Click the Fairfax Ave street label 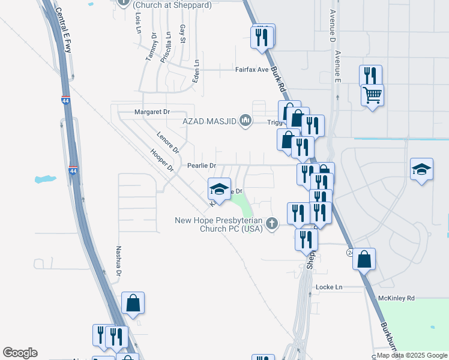point(252,70)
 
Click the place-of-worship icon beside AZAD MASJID point(245,121)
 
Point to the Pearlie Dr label point(201,165)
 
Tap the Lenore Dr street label point(167,142)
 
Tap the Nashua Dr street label point(119,260)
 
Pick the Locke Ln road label point(328,287)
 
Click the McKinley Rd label point(396,298)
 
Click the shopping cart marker point(372,94)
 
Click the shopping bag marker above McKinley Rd point(364,259)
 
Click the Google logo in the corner point(20,353)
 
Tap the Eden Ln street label point(196,71)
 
